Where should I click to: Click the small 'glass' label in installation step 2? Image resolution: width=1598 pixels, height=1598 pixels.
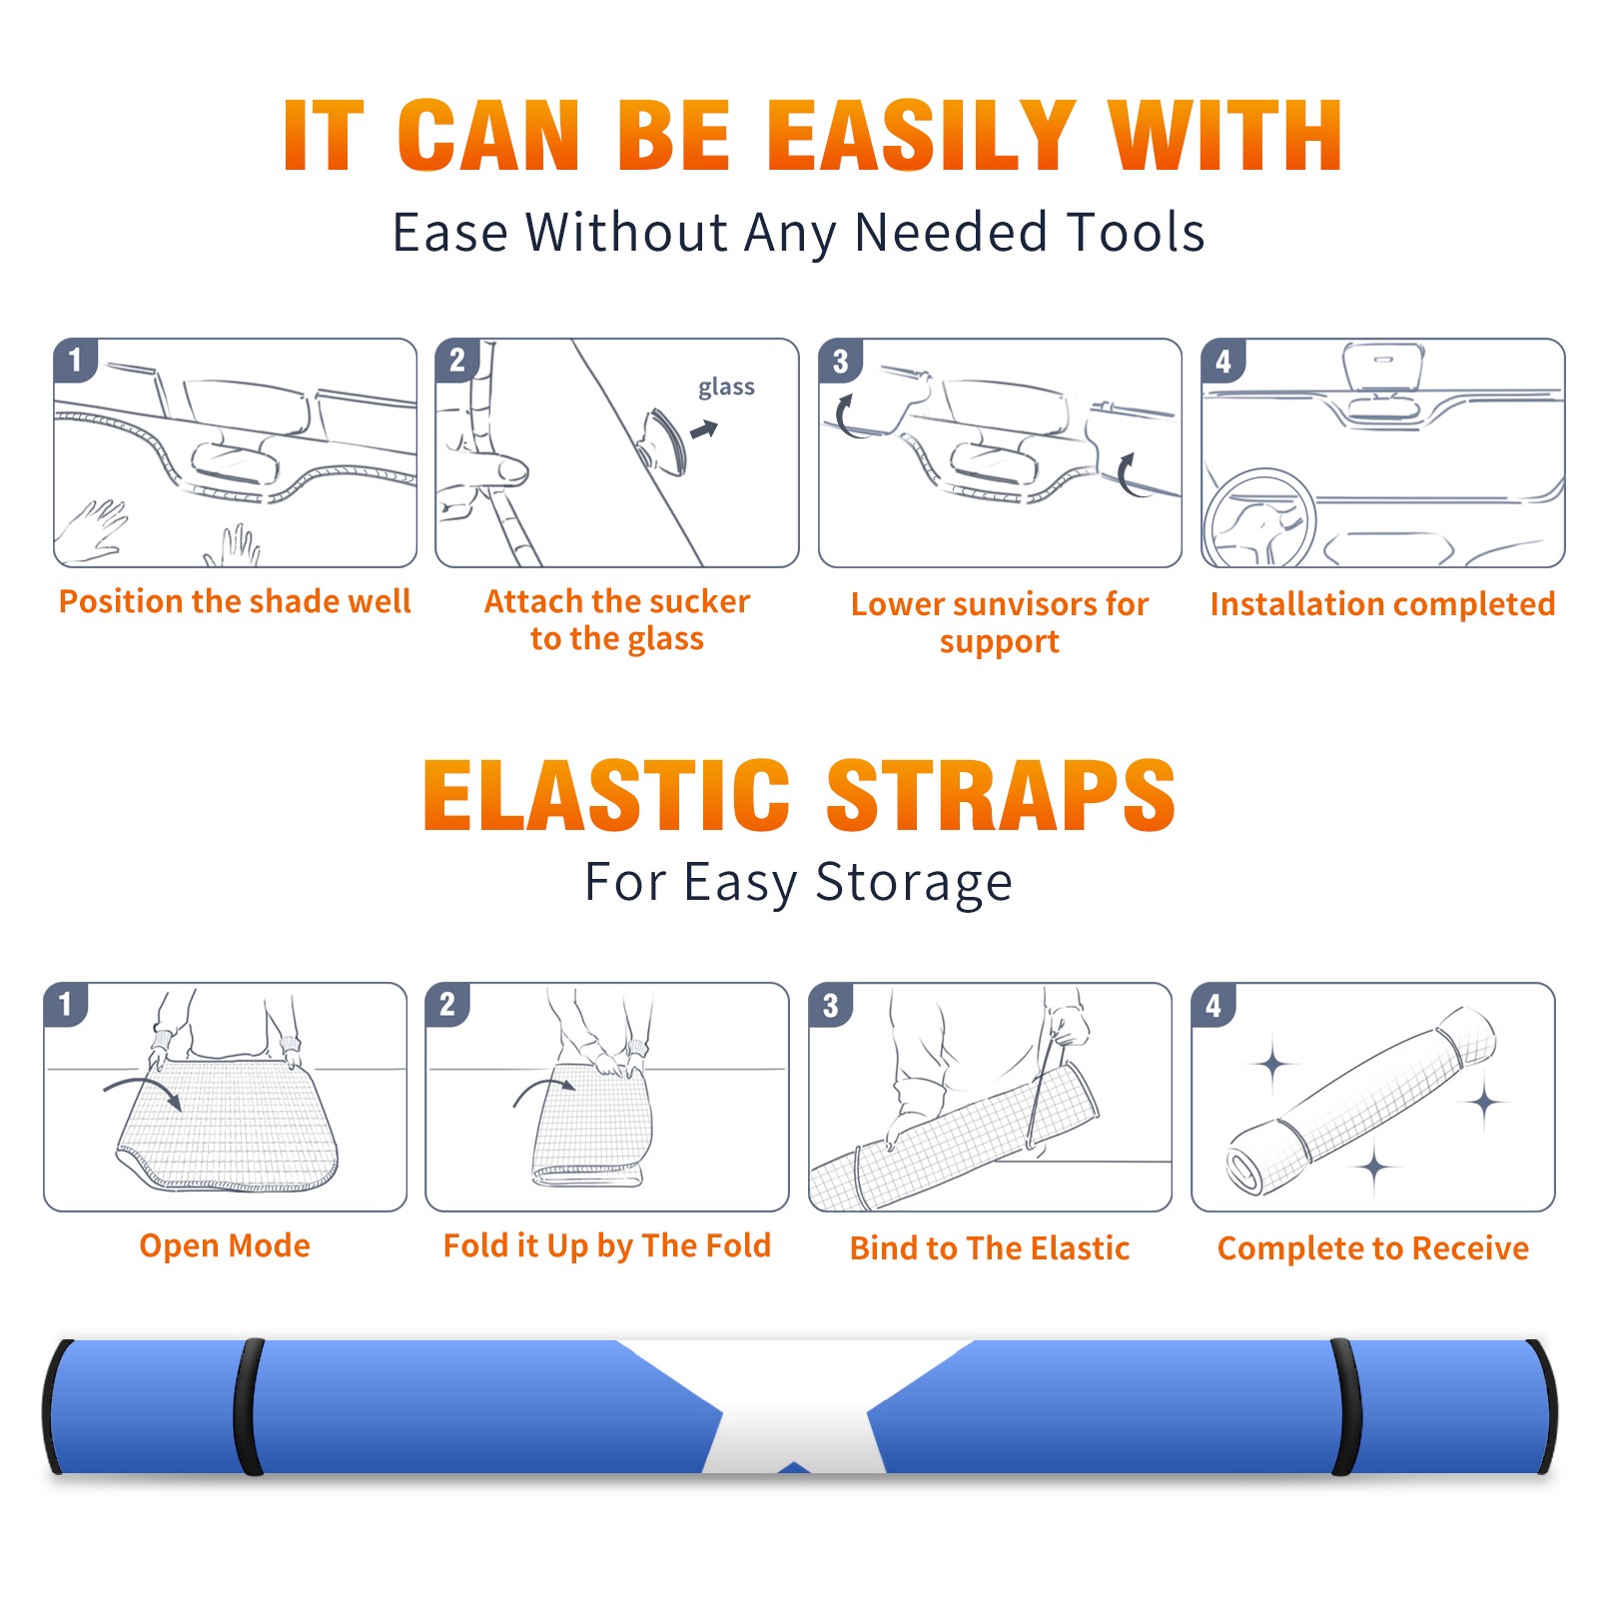[726, 388]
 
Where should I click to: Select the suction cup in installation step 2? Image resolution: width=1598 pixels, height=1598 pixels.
[663, 440]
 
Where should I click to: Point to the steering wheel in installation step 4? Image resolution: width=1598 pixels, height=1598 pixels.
[1259, 518]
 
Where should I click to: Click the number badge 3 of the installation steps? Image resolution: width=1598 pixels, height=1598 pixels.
[840, 361]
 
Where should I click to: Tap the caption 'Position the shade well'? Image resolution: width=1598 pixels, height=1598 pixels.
[235, 601]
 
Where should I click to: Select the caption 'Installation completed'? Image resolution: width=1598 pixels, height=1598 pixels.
[1382, 604]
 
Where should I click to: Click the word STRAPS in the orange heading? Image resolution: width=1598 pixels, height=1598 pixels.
[1001, 795]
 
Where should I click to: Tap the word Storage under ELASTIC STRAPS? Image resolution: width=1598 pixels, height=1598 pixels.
[914, 883]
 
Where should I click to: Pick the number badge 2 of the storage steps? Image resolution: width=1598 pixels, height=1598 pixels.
[446, 1004]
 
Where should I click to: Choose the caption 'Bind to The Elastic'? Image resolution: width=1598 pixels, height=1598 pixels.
[989, 1248]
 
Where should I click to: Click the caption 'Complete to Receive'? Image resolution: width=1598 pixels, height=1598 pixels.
[1372, 1248]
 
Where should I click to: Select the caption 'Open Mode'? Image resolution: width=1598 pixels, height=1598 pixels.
[225, 1245]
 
